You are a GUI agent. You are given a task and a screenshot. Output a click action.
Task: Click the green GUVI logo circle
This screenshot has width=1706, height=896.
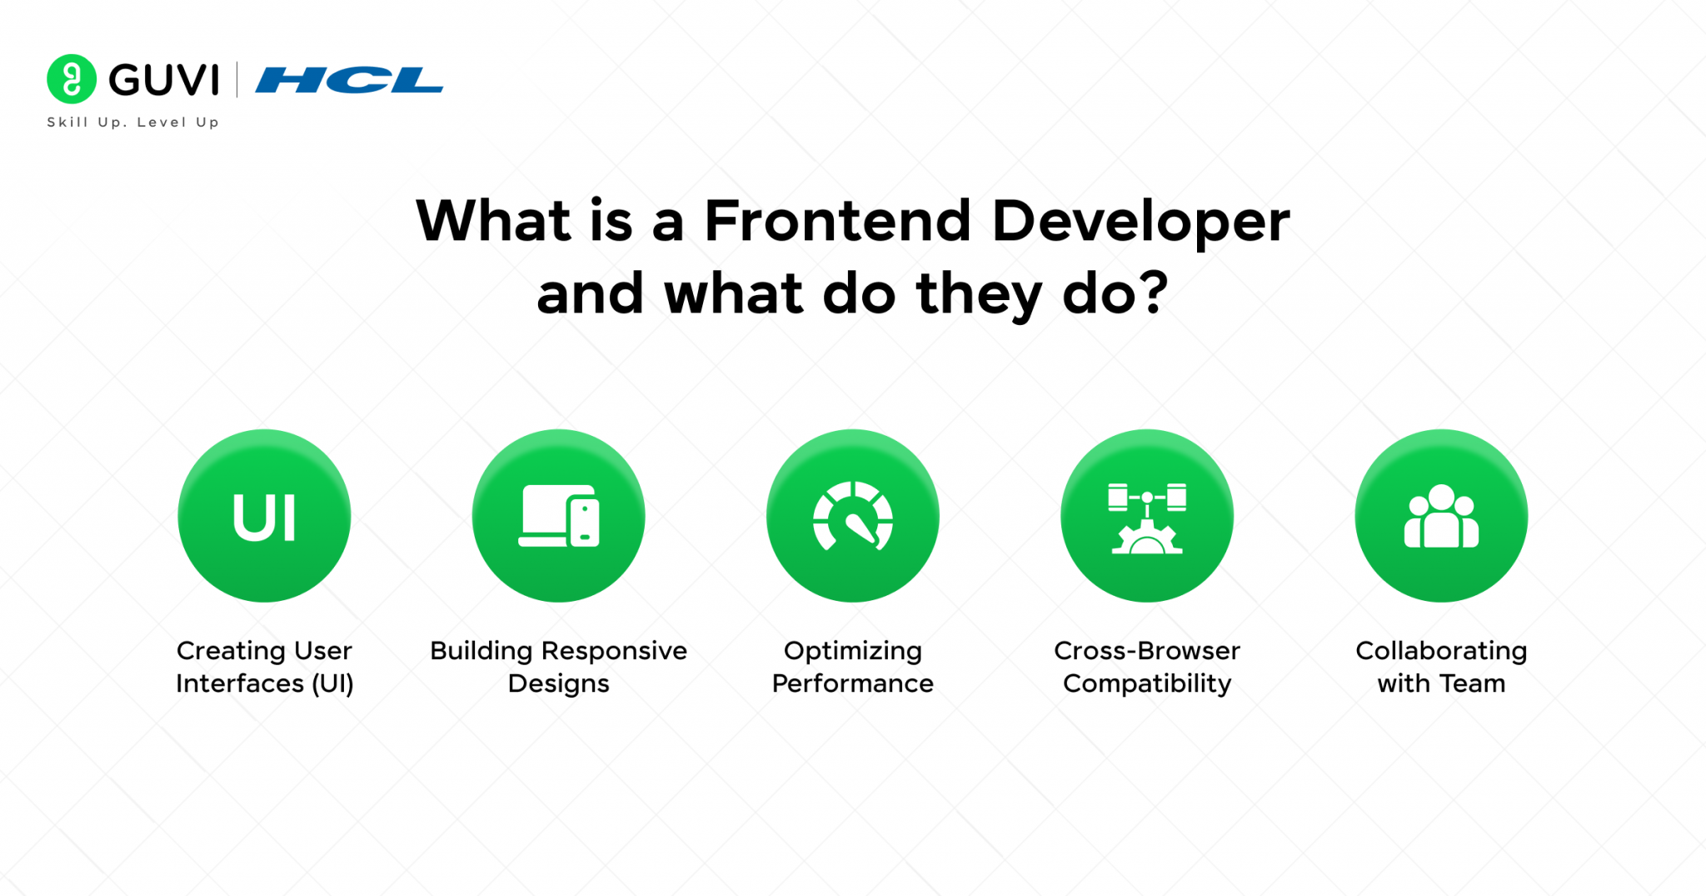coord(72,79)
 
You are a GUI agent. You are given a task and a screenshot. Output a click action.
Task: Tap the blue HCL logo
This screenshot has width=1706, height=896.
coord(349,80)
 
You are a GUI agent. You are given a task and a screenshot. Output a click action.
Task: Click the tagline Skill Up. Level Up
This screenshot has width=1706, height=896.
coord(133,123)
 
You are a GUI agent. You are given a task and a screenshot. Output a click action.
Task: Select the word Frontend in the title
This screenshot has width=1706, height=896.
coord(837,221)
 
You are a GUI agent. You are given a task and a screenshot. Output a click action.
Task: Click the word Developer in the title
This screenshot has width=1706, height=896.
coord(1140,223)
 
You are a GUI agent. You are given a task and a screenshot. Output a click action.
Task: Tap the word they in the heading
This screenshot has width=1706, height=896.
coord(979,295)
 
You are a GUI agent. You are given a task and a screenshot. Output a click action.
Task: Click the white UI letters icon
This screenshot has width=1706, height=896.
coord(264,518)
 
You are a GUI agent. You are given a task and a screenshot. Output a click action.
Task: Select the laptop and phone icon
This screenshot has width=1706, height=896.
coord(559,517)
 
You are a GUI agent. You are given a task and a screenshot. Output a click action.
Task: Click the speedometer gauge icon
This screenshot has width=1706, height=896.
coord(853,518)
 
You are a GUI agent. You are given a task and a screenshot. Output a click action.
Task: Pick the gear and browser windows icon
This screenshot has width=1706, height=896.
coord(1147,518)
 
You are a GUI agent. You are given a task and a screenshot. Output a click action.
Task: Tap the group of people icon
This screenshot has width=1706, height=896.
coord(1441,518)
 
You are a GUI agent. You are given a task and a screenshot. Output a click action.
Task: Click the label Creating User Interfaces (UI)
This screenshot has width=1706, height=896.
coord(265,667)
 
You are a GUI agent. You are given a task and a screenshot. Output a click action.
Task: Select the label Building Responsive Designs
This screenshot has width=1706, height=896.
coord(559,667)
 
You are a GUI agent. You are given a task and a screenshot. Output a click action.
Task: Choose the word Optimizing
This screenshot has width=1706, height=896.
coord(853,651)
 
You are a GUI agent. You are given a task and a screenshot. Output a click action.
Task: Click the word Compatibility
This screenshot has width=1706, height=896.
coord(1147,684)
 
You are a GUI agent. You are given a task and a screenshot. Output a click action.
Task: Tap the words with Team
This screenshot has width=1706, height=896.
coord(1441,683)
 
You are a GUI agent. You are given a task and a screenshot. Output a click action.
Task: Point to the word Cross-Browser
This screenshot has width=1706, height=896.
coord(1147,650)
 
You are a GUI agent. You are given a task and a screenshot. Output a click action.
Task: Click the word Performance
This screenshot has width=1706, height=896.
coord(853,683)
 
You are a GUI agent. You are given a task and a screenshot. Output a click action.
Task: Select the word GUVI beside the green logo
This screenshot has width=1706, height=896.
coord(164,81)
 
